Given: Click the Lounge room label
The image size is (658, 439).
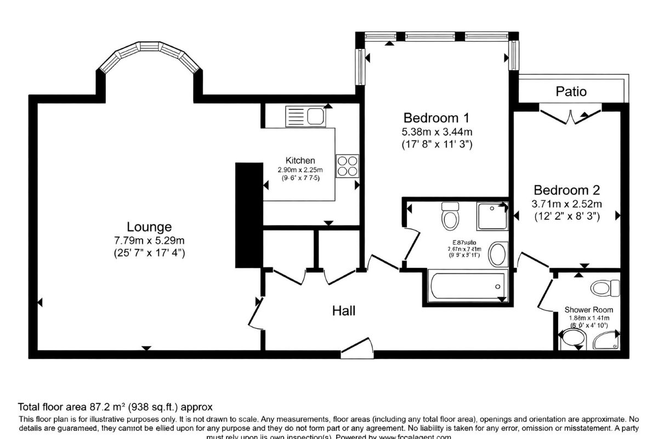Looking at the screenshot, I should (x=149, y=227).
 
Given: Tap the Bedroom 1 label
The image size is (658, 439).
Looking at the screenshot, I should (x=436, y=118).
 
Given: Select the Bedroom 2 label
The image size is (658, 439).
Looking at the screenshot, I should (x=567, y=190).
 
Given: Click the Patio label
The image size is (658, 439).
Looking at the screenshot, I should (x=571, y=91).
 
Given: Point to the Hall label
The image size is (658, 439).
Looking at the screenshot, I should (x=344, y=311).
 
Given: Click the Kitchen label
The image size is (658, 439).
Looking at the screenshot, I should (x=300, y=161).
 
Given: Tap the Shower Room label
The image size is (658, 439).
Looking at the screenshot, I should (x=589, y=310).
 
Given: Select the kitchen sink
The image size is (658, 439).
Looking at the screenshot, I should (x=305, y=116).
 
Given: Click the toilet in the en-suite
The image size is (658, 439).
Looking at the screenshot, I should (x=450, y=216).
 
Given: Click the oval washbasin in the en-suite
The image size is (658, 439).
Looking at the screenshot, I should (x=498, y=254).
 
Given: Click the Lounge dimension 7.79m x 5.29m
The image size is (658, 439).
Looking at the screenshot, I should (x=149, y=240).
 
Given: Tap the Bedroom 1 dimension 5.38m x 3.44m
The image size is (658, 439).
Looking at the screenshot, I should (x=436, y=132).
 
